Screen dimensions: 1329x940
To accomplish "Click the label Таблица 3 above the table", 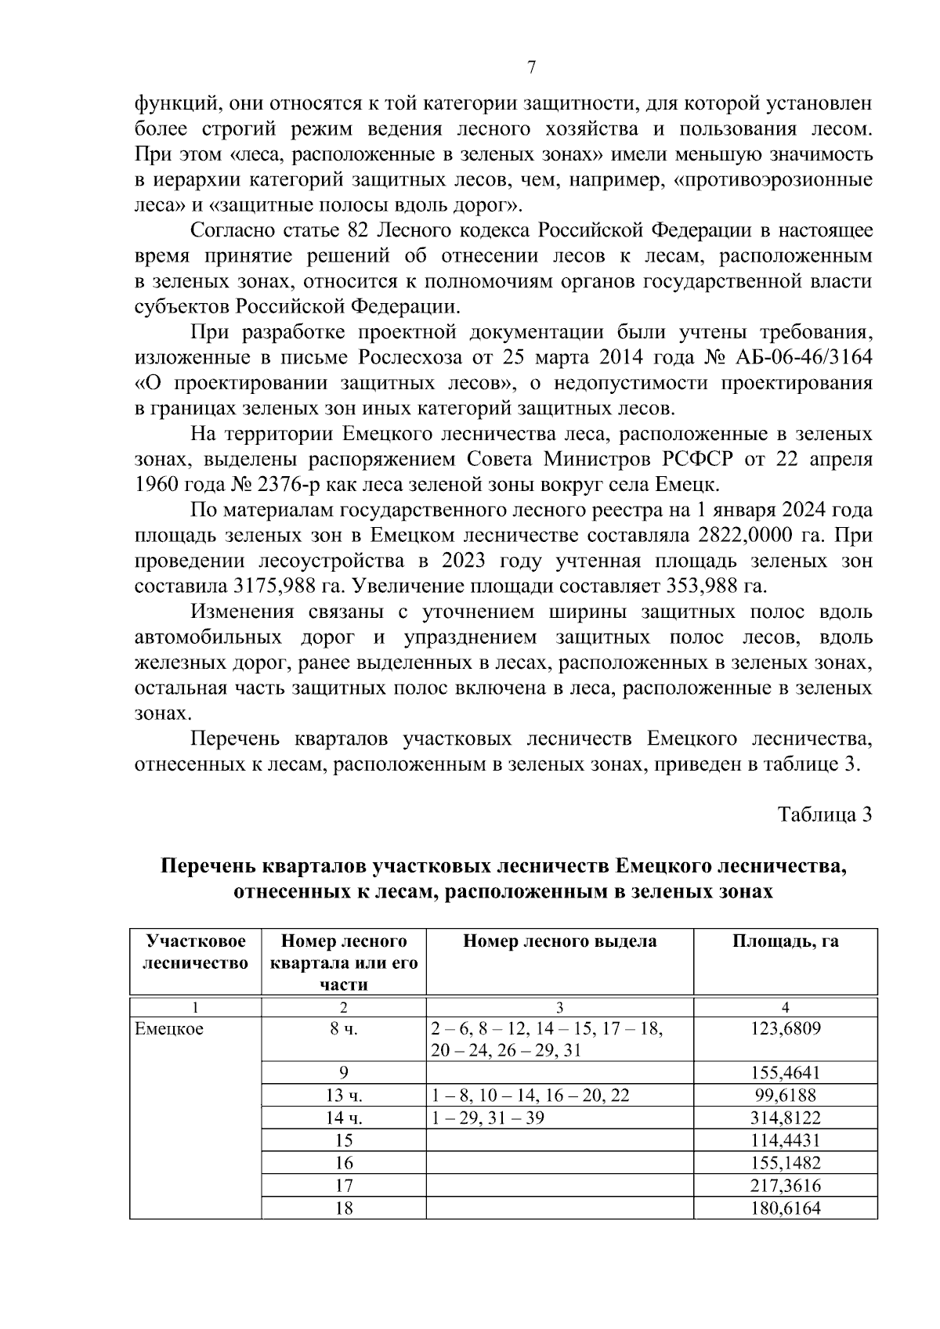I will [825, 814].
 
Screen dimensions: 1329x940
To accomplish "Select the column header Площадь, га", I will [785, 941].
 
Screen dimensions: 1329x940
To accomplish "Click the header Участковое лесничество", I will [195, 952].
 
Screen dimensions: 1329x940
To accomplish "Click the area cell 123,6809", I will [785, 1029].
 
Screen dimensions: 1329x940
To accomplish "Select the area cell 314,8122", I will [785, 1118].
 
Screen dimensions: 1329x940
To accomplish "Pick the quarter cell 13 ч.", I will [344, 1096].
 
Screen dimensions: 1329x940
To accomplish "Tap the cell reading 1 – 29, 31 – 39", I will [487, 1118].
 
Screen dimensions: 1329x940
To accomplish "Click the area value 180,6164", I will [785, 1208].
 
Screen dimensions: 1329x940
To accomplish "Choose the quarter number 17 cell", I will [344, 1186].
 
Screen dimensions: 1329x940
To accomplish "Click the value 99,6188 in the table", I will [785, 1096].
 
